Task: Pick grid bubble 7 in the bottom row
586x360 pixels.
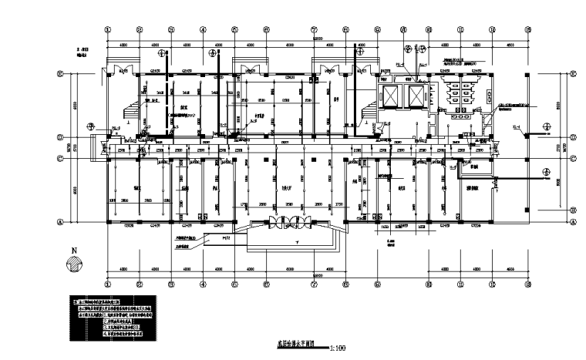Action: tap(315, 283)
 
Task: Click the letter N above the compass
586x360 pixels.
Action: tap(74, 251)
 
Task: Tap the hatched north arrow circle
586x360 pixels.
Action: tap(72, 264)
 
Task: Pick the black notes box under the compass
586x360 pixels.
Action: tap(112, 316)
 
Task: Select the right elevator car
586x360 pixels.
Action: tap(416, 96)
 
